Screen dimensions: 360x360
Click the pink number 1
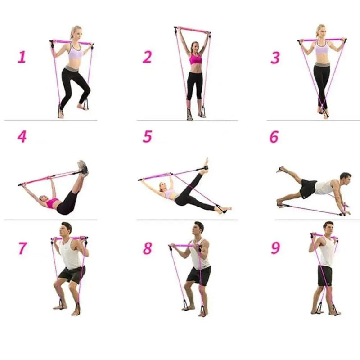(22, 57)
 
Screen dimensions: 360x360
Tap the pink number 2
(147, 57)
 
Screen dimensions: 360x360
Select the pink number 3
(275, 58)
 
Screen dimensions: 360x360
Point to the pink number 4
(22, 137)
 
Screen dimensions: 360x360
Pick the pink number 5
(147, 137)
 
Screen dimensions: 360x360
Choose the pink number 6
(274, 137)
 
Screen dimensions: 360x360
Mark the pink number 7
(22, 248)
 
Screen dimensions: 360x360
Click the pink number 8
(147, 248)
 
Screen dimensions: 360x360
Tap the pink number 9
(275, 248)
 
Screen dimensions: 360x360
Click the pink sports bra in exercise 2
(195, 59)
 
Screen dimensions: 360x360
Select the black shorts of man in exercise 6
(308, 188)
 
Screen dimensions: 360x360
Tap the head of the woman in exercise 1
(75, 33)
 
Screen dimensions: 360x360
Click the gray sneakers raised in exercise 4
(83, 167)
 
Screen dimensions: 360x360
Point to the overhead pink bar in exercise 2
(193, 30)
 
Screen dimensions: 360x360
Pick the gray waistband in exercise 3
(322, 65)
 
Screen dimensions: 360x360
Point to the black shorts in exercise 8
(199, 275)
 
